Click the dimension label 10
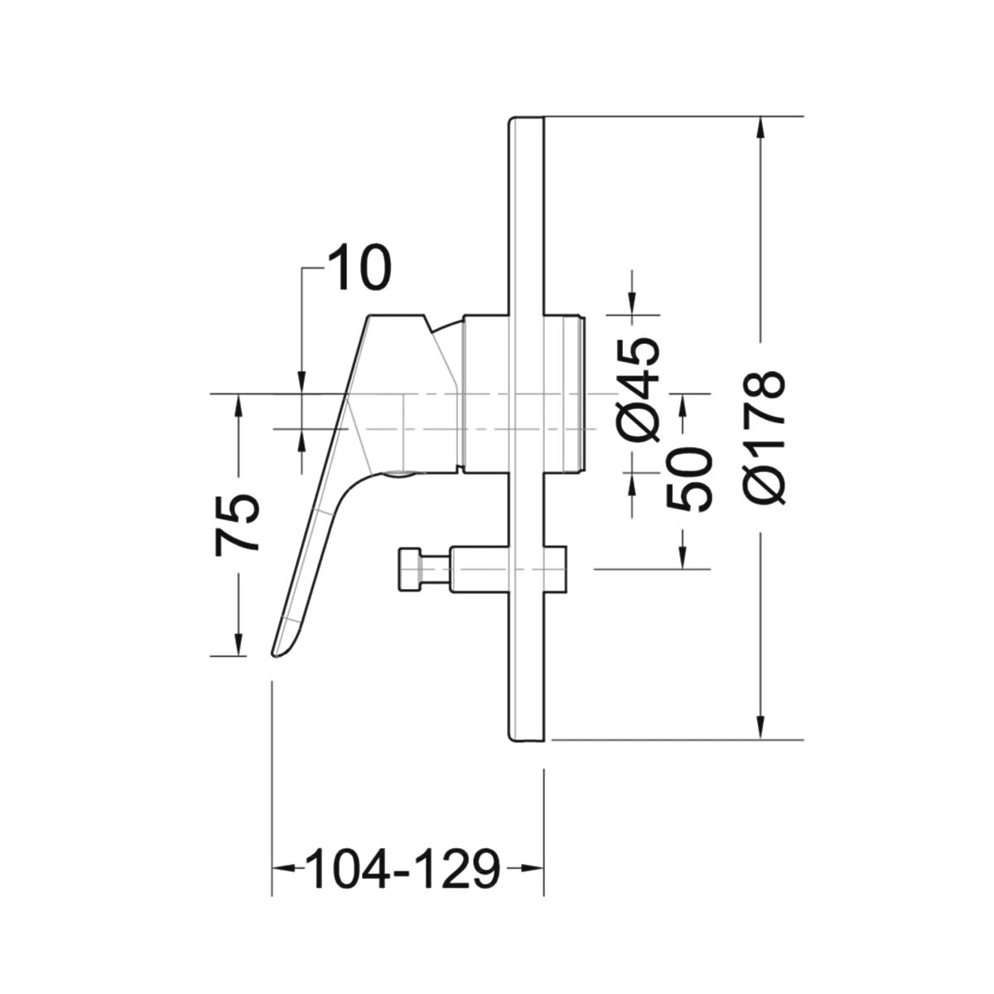click(359, 268)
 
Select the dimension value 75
click(236, 525)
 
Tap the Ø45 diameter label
click(638, 390)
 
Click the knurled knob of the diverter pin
click(409, 570)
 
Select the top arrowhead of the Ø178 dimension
click(760, 128)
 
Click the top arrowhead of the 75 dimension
click(239, 405)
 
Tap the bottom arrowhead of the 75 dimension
click(239, 644)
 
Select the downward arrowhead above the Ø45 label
click(632, 303)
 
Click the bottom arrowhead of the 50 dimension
click(683, 557)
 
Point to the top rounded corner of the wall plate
click(510, 119)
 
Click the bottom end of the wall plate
click(526, 741)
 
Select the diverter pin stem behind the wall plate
click(556, 570)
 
